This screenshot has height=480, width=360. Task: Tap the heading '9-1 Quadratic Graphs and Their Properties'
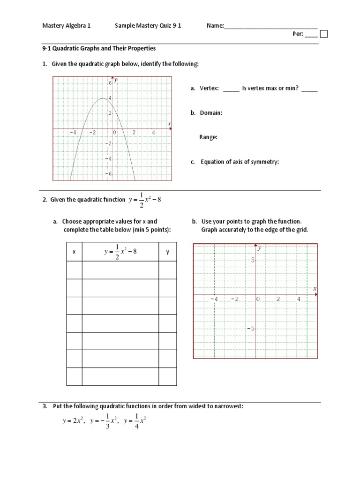pyautogui.click(x=99, y=48)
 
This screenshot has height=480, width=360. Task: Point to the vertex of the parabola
pyautogui.click(x=103, y=98)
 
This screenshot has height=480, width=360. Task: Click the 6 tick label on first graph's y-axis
pyautogui.click(x=110, y=82)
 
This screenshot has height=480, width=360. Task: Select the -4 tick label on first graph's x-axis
pyautogui.click(x=73, y=133)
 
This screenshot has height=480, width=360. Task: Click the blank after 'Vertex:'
pyautogui.click(x=231, y=89)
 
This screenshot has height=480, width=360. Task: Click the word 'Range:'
pyautogui.click(x=209, y=137)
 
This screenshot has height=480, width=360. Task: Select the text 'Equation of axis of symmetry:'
pyautogui.click(x=240, y=162)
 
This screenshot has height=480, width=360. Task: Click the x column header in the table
pyautogui.click(x=74, y=252)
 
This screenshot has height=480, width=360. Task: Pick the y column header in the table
pyautogui.click(x=167, y=252)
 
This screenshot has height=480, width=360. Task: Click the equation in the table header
pyautogui.click(x=120, y=253)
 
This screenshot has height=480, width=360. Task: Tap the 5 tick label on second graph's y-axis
pyautogui.click(x=252, y=260)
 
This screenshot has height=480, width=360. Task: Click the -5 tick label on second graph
pyautogui.click(x=251, y=329)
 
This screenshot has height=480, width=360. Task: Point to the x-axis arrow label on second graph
pyautogui.click(x=315, y=288)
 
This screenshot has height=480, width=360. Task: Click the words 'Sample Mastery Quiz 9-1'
pyautogui.click(x=148, y=26)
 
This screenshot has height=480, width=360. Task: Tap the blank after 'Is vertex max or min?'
pyautogui.click(x=309, y=89)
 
